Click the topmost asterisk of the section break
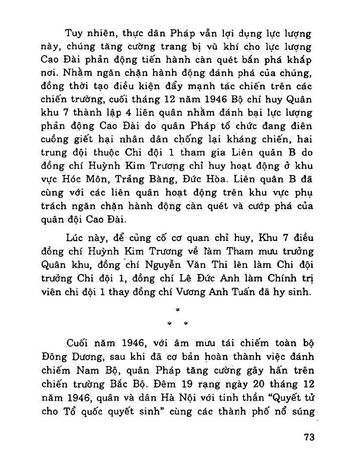coord(178,310)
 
